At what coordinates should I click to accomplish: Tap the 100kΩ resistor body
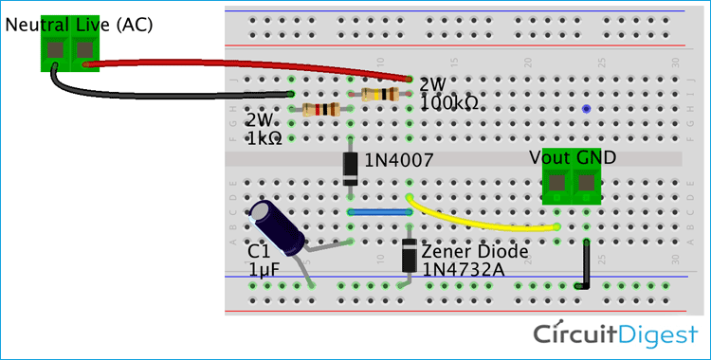(380, 94)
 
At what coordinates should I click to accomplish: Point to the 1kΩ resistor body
(322, 110)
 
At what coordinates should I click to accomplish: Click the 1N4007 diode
(351, 167)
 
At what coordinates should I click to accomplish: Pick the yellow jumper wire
(483, 222)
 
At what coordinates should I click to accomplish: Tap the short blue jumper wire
(379, 212)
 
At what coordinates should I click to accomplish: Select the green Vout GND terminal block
(573, 186)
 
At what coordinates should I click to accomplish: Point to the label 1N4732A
(461, 270)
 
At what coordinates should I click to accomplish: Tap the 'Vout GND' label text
(573, 158)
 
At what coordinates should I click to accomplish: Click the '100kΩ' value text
(448, 100)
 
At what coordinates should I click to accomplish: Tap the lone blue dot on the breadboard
(587, 110)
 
